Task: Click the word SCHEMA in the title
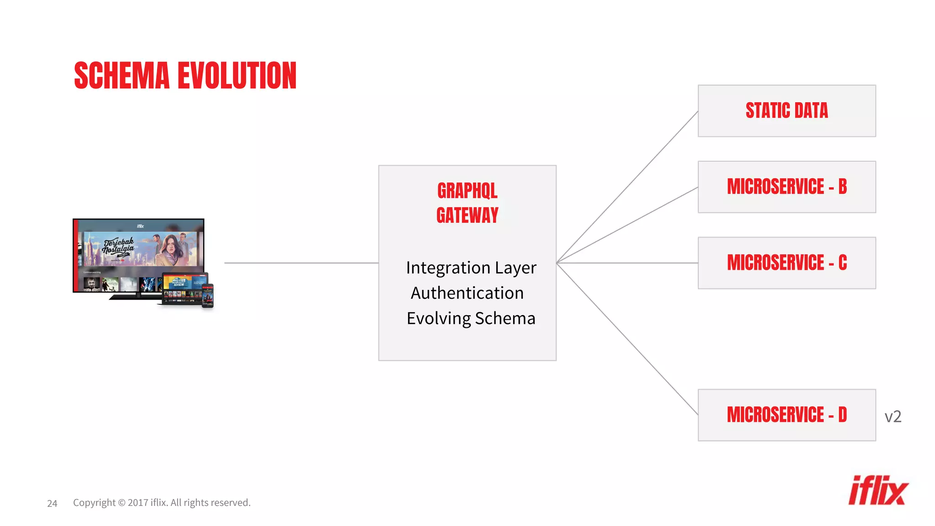121,76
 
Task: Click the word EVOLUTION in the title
237,76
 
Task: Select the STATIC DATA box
786,110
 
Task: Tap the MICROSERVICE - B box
786,187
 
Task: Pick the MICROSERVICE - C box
786,263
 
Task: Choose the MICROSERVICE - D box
786,415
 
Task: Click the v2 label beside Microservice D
893,416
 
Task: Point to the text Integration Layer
471,268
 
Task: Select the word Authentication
467,293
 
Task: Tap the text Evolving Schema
471,318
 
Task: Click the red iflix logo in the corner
878,491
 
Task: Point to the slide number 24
52,503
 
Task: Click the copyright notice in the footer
162,503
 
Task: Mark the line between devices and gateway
301,263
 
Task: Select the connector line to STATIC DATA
627,187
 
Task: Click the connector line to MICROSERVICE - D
627,339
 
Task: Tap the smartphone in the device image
208,296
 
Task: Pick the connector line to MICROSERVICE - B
627,225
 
